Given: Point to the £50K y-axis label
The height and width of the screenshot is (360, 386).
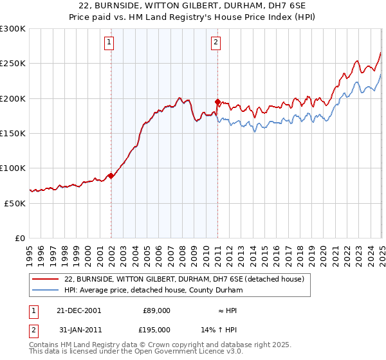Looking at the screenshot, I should tap(14, 203).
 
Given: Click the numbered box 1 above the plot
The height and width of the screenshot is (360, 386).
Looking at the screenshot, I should tap(109, 43).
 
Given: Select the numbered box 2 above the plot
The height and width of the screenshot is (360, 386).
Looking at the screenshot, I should tap(216, 43).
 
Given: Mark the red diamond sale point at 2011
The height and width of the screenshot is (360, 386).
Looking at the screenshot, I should tap(218, 102).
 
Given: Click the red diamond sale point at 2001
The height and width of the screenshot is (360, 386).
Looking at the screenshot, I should tap(111, 175).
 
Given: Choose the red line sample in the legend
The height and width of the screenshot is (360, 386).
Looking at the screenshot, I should tap(46, 279).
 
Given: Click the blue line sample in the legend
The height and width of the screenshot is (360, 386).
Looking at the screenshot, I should tap(46, 290).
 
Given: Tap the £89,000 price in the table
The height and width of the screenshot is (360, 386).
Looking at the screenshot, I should tap(156, 310).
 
